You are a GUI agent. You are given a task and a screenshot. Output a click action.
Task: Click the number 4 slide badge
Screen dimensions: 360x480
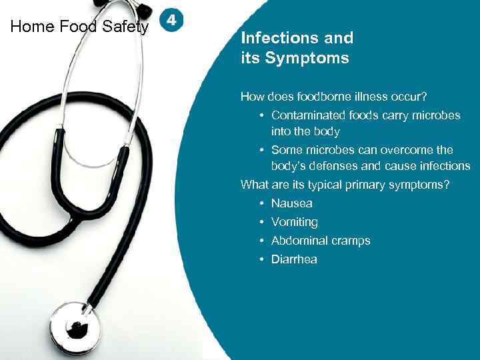171,21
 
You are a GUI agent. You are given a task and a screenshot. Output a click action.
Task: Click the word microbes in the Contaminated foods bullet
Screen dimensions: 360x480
437,115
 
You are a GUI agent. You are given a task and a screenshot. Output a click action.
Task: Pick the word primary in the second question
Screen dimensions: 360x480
367,185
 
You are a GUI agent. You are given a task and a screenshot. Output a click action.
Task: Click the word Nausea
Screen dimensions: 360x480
291,203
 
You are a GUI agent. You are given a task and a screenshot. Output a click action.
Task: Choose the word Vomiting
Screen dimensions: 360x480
294,222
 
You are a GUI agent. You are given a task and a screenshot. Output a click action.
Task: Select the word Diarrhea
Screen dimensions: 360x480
294,259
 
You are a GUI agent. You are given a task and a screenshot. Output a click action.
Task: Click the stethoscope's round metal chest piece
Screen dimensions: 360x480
75,327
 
